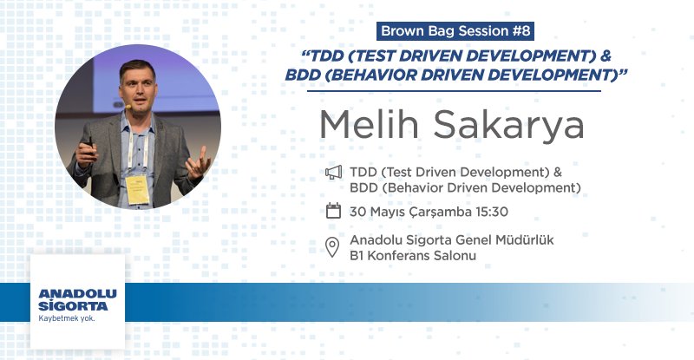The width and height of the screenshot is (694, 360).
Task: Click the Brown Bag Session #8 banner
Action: pos(455,32)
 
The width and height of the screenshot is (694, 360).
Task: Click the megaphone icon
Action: pos(333,173)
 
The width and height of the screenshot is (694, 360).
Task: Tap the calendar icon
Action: pos(333,210)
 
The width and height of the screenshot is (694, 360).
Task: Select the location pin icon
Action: pos(332,247)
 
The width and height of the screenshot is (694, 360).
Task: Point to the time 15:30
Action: pos(489,211)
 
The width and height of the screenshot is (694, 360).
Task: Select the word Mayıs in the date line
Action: pos(384,211)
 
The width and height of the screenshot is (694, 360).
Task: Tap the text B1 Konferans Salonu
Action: pos(413,256)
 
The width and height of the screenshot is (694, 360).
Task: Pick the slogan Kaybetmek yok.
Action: pos(67,318)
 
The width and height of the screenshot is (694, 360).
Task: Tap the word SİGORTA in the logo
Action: pos(74,306)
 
